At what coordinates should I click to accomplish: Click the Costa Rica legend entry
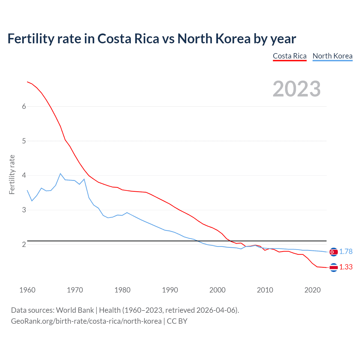pos(289,56)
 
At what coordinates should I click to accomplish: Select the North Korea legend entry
pos(332,56)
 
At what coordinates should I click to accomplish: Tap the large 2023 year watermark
pos(296,89)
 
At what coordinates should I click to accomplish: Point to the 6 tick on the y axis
pos(24,106)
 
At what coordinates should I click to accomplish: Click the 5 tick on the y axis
pos(24,141)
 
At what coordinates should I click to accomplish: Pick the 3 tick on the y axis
pos(24,210)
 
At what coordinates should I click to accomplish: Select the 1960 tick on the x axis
pos(27,290)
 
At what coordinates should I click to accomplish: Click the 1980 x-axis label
pos(122,290)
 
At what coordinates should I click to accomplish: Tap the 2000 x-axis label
pos(217,290)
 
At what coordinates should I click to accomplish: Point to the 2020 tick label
pos(312,290)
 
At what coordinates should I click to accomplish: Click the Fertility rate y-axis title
pos(12,174)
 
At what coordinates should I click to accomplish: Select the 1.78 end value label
pos(346,252)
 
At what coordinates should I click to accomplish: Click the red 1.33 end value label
pos(346,267)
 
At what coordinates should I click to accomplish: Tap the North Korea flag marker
pos(334,252)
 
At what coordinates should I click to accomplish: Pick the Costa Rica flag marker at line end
pos(334,267)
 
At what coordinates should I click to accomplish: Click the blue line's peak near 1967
pos(60,174)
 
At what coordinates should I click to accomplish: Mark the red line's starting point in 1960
pos(27,82)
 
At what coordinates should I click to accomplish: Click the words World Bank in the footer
pos(75,310)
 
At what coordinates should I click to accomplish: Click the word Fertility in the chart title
pos(31,39)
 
